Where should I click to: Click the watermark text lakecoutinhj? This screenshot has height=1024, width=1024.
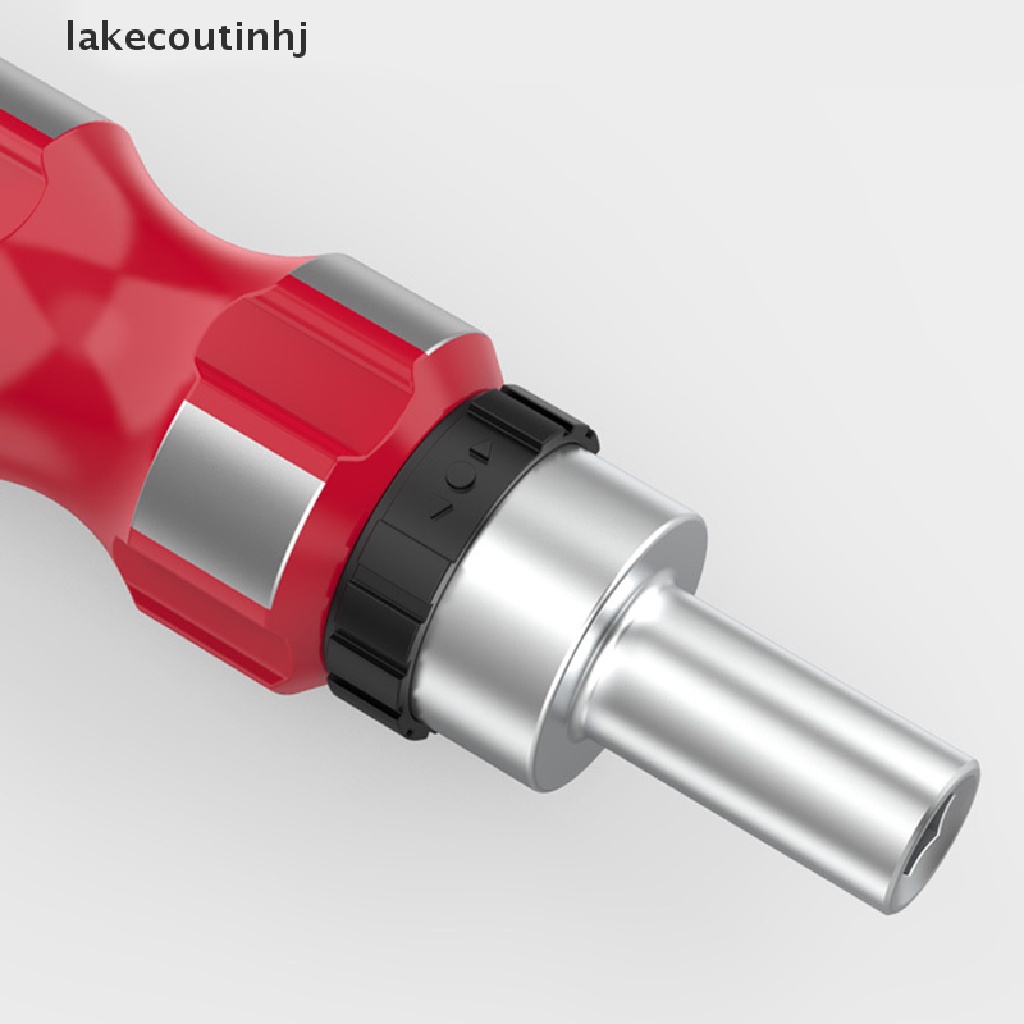tap(186, 38)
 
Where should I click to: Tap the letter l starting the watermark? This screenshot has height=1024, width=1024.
tap(70, 35)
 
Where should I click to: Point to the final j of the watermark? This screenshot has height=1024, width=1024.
tap(301, 39)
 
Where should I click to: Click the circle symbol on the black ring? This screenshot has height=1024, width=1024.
tap(461, 475)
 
